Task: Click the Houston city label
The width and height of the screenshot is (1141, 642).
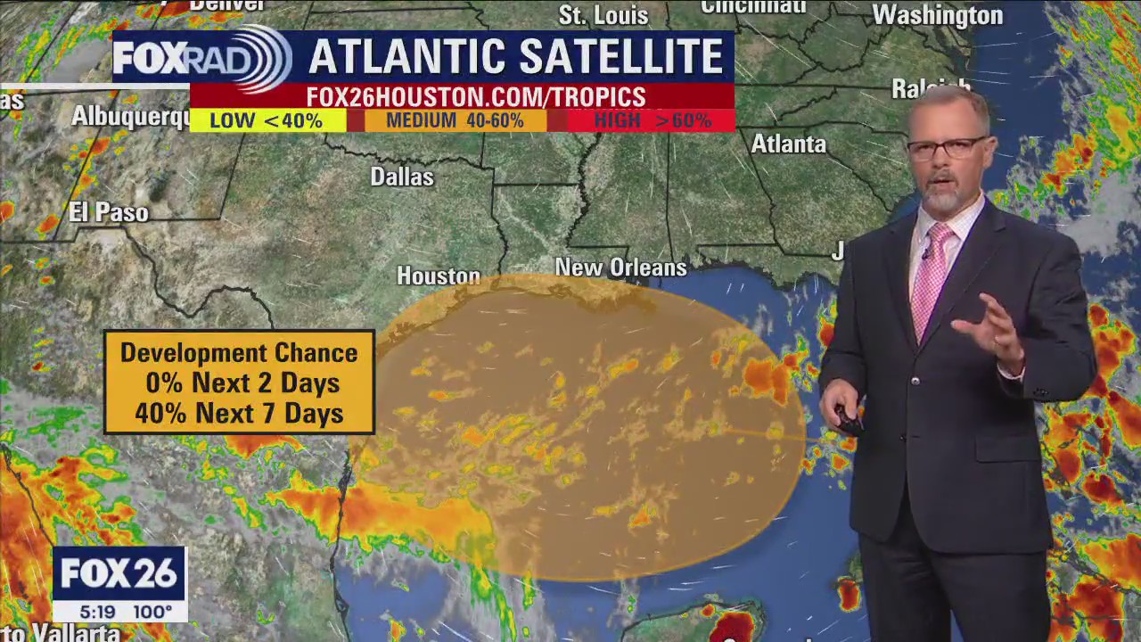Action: coord(439,276)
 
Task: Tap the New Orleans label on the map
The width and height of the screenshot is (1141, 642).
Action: coord(621,267)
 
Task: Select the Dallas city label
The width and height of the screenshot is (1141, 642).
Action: coord(402,177)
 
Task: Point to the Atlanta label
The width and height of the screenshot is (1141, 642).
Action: coord(788,144)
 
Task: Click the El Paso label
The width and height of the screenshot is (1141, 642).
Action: coord(109,213)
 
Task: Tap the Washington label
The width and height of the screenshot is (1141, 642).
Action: coord(937,16)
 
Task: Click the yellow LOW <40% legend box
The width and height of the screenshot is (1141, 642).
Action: coord(267,121)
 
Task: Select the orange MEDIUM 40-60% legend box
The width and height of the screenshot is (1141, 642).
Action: coord(456,121)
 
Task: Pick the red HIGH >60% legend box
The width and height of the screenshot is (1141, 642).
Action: coord(652,121)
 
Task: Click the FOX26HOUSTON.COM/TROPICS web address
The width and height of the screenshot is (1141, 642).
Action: coord(476,97)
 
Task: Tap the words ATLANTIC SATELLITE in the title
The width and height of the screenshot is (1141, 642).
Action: coord(516,57)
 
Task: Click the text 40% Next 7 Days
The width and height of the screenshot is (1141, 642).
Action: coord(239,414)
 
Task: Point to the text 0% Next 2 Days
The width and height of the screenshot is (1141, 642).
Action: coord(239,383)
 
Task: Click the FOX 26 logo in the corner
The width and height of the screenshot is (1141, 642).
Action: coord(119,574)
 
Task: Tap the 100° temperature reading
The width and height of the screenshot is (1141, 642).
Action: coord(152,613)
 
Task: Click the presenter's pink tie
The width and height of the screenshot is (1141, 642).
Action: coord(930,276)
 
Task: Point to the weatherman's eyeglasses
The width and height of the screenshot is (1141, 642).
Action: coord(947,148)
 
